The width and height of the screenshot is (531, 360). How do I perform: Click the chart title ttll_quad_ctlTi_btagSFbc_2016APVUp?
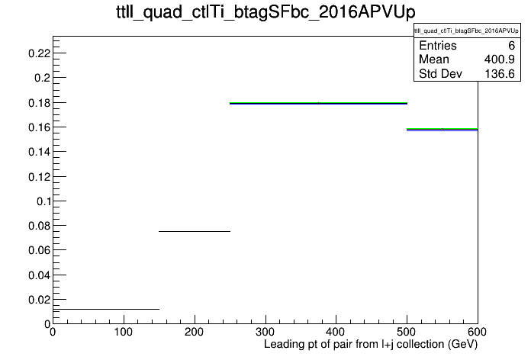click(x=265, y=12)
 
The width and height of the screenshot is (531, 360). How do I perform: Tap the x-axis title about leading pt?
click(x=371, y=345)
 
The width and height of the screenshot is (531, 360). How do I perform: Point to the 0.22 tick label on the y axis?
click(x=39, y=53)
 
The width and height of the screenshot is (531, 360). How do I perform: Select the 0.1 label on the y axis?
click(x=43, y=201)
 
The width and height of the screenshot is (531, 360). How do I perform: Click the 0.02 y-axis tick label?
click(x=39, y=300)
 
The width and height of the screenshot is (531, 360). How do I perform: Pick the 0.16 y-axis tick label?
click(x=39, y=127)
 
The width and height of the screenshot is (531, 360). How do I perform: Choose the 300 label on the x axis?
click(x=265, y=332)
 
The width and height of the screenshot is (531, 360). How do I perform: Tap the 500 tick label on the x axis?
click(x=407, y=332)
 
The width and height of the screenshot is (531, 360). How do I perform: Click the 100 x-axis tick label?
click(x=124, y=332)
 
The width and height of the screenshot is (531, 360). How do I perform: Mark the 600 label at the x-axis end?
click(x=477, y=332)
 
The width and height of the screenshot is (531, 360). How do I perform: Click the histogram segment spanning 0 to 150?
click(x=106, y=309)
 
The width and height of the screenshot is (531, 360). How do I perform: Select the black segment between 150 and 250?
click(x=195, y=231)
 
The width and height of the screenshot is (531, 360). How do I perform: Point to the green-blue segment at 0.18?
click(x=318, y=103)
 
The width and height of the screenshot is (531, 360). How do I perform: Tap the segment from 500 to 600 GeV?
click(x=443, y=130)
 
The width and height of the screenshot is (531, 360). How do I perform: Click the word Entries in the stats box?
click(x=437, y=45)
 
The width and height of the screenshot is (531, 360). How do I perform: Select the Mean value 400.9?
click(x=499, y=59)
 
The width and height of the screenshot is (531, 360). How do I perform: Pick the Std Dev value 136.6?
click(x=500, y=73)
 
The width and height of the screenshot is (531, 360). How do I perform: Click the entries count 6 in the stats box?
click(x=511, y=45)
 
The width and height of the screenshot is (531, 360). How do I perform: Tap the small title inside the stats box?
click(x=466, y=31)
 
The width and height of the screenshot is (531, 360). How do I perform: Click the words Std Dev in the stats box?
click(x=440, y=73)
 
